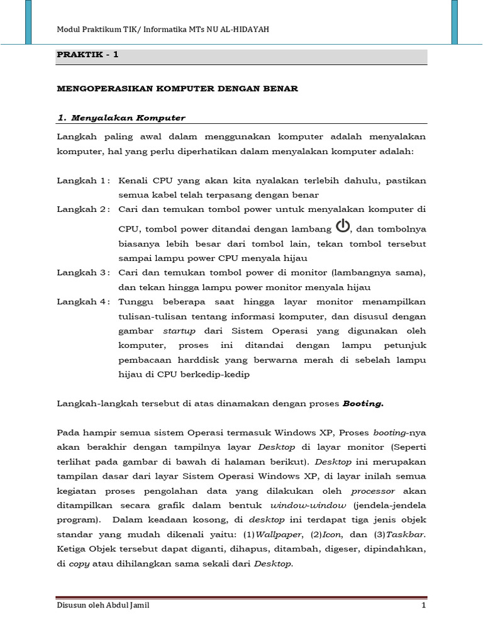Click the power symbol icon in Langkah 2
pyautogui.click(x=342, y=226)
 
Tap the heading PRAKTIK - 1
pyautogui.click(x=87, y=55)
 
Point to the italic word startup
pyautogui.click(x=180, y=331)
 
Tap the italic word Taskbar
pyautogui.click(x=406, y=534)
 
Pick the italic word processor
pyautogui.click(x=373, y=491)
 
